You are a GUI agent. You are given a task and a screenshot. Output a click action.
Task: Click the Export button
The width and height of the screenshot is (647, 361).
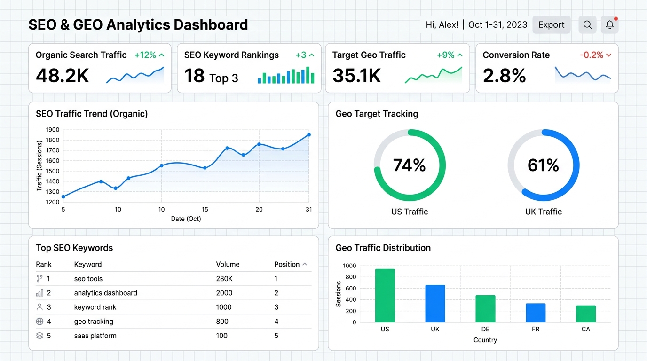point(551,24)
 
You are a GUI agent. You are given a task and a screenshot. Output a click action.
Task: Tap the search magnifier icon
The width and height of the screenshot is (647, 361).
point(587,24)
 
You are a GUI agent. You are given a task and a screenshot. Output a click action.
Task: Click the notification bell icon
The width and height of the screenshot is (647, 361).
point(609,24)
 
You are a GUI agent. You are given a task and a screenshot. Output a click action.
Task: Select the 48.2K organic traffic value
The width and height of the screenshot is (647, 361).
point(62,76)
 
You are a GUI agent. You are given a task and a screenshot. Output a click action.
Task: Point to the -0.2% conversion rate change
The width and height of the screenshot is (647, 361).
point(592,55)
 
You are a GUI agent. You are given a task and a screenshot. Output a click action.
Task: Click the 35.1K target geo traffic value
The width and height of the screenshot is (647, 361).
point(356,76)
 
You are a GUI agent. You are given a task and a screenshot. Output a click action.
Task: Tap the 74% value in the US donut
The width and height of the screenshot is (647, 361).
point(409,165)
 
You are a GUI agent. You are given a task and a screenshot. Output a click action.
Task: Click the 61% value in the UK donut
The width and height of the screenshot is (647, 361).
point(543,165)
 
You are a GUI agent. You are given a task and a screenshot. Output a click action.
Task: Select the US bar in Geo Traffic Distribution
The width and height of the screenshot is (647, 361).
point(385,296)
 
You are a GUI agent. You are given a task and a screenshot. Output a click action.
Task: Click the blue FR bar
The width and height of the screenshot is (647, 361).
point(536,313)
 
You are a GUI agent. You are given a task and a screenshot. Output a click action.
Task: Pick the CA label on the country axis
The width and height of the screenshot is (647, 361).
point(586,329)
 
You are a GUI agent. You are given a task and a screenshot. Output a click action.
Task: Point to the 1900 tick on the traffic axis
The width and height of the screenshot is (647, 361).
point(53,130)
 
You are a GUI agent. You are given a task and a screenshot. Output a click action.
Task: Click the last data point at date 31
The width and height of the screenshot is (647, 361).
point(309,135)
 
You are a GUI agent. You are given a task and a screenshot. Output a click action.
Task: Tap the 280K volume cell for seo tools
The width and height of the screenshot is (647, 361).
point(224,279)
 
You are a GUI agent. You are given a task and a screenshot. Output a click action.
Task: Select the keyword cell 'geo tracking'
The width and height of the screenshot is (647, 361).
point(94,322)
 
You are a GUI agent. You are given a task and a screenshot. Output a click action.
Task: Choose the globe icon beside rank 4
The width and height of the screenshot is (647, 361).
point(39,322)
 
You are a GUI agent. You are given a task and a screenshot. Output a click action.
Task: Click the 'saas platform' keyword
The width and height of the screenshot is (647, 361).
point(95,336)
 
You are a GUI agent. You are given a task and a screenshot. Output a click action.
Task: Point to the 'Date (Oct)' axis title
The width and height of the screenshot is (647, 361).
point(186,219)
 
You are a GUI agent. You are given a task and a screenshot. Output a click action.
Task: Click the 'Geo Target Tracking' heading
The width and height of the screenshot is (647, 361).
point(377,114)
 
